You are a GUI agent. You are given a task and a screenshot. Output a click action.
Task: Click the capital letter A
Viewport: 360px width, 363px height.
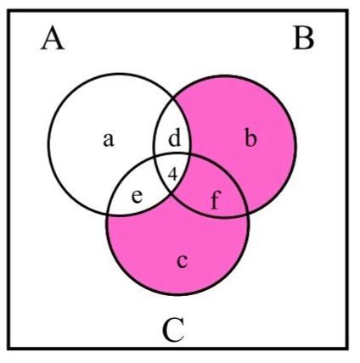[x=53, y=38]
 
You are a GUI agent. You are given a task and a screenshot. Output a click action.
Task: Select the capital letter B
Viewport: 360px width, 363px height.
[x=303, y=38]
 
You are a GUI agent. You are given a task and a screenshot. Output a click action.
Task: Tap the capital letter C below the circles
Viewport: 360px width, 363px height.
[x=173, y=330]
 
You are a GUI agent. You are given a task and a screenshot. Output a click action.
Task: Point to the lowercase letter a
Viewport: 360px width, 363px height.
[x=109, y=139]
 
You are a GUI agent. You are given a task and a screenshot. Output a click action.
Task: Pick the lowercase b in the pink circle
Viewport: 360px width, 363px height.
[x=250, y=137]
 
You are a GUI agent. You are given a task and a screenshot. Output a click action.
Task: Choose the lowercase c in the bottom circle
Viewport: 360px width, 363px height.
[x=182, y=260]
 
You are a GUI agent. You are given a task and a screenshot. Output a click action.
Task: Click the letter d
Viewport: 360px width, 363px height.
[x=174, y=137]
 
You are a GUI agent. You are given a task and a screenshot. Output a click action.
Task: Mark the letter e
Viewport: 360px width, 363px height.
[x=138, y=196]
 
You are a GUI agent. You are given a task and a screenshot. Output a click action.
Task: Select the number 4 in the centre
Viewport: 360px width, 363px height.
[x=172, y=174]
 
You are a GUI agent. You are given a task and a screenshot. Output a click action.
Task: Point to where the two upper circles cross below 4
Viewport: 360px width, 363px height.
[x=171, y=194]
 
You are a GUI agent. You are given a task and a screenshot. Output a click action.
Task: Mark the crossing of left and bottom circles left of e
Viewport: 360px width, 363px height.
[x=108, y=215]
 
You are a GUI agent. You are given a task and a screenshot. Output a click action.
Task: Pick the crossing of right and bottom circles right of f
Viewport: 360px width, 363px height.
[x=248, y=212]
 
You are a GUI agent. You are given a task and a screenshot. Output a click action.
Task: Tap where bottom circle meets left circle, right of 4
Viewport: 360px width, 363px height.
[x=188, y=155]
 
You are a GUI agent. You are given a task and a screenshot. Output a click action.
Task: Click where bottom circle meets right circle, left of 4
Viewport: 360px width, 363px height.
[x=155, y=156]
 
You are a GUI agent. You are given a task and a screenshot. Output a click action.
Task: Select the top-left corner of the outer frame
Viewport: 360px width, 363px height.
[x=8, y=11]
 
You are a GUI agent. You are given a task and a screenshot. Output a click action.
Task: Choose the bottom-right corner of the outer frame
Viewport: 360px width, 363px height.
[x=347, y=349]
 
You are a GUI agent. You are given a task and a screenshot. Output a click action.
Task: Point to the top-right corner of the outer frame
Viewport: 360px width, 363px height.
[x=347, y=11]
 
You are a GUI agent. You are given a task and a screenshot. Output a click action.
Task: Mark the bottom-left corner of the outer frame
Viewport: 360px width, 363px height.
[x=8, y=349]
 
